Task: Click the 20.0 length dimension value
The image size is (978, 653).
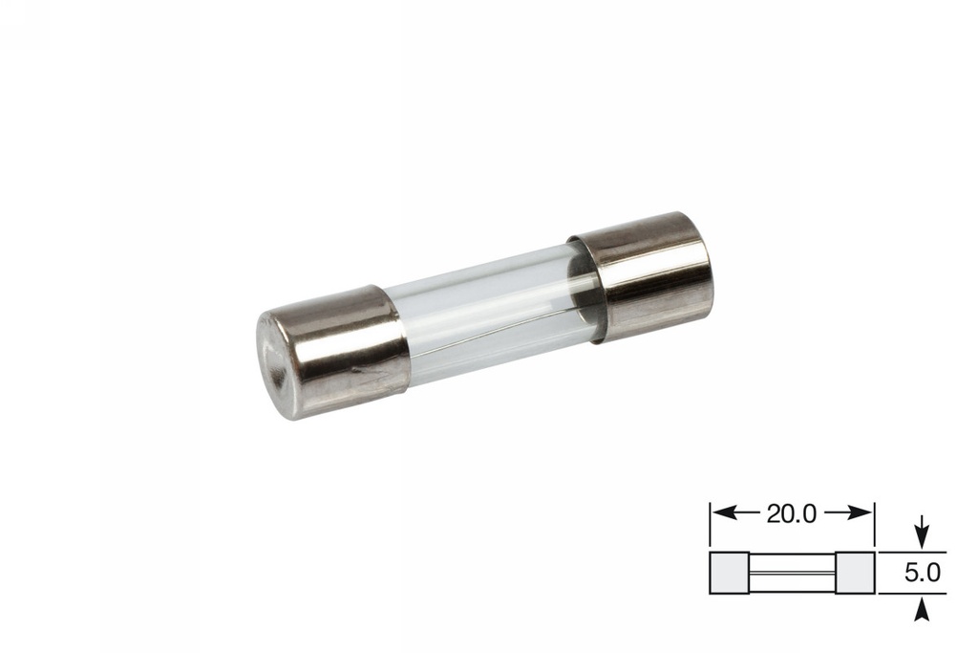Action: pos(791,513)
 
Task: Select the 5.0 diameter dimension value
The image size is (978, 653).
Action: pos(922,573)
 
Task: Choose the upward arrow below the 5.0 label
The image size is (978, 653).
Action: pos(921,610)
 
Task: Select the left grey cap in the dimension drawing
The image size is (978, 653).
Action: pos(730,573)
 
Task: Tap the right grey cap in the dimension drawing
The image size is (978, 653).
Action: pos(854,573)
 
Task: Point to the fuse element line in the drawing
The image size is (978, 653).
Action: pos(792,574)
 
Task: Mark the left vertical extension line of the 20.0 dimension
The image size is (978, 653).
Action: pos(710,526)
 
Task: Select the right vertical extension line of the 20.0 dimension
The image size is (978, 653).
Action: pos(874,526)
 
